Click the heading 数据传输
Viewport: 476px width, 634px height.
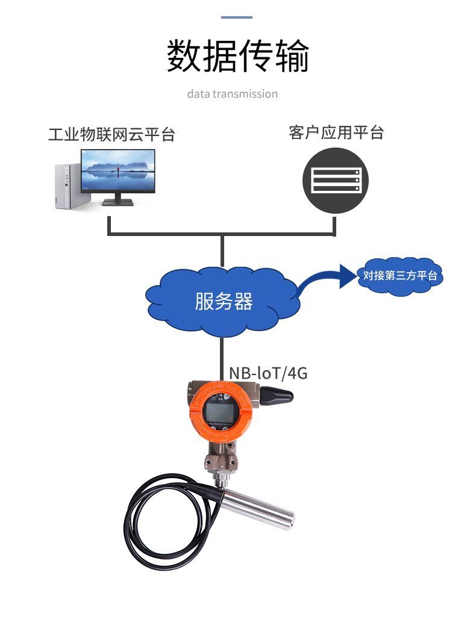(237, 57)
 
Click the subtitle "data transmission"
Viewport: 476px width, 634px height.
(232, 94)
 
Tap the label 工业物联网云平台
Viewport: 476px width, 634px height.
(111, 134)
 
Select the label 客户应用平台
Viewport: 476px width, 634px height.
(336, 132)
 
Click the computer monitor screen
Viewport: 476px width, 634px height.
(118, 171)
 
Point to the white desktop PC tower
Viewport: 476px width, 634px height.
(67, 186)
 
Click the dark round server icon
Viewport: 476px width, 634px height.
(335, 180)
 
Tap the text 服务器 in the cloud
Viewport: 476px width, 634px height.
(223, 302)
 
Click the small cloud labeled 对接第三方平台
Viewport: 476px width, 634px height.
(400, 276)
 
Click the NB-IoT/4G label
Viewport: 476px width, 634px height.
(268, 373)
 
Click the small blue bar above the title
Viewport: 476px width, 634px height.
(237, 17)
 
